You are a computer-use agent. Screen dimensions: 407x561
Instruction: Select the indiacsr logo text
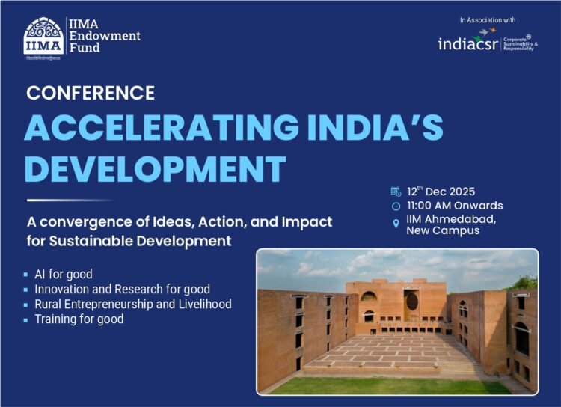pos(468,43)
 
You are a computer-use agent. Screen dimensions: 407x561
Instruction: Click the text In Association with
pos(488,20)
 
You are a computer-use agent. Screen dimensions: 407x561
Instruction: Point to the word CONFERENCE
pos(91,93)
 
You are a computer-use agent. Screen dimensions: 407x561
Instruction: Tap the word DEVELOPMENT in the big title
pos(156,168)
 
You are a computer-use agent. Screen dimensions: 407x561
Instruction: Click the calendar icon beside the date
pos(396,192)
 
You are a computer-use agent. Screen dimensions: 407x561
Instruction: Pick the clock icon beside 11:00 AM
pos(396,206)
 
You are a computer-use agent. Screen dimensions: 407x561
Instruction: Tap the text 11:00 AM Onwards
pos(454,206)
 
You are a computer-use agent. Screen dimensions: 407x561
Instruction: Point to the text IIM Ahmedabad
pos(449,219)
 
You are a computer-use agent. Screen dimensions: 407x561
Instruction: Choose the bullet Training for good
pos(79,319)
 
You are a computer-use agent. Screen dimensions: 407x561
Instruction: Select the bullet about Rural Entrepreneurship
pos(132,305)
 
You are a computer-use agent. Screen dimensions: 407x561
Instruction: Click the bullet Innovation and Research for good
pos(122,289)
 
